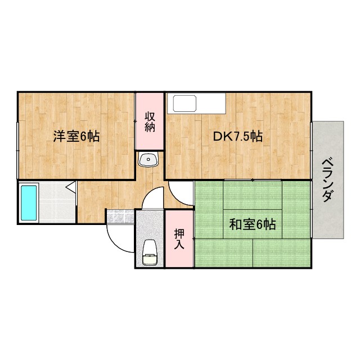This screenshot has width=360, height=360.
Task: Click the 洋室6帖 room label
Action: tap(76, 136)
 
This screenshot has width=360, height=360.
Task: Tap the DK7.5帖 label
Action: tap(237, 136)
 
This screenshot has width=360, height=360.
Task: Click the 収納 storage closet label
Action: tap(150, 121)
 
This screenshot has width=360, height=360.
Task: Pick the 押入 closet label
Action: tap(179, 238)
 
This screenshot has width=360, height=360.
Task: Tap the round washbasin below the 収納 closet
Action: tap(149, 159)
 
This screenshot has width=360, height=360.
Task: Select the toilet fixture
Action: tap(149, 251)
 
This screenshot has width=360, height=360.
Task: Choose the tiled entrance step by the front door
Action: tap(120, 215)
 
